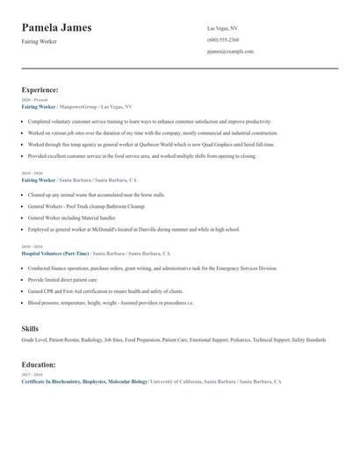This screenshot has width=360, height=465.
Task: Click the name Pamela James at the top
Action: [56, 27]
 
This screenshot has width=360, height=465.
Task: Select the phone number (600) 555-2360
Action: [223, 39]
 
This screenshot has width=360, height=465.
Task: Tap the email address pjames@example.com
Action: [230, 51]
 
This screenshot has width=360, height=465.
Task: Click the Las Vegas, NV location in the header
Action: [222, 28]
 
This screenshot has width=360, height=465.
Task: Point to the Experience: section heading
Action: [40, 89]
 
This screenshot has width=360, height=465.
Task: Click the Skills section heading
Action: [30, 328]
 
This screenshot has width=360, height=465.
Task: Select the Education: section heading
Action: [39, 364]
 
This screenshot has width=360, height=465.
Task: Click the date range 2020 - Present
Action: [35, 100]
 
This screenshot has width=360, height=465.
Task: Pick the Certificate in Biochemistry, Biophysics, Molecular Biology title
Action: [84, 382]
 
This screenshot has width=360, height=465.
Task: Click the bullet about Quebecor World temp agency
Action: [151, 144]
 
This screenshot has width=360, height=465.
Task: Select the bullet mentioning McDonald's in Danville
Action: [133, 229]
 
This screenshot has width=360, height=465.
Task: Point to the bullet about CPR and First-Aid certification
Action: [105, 290]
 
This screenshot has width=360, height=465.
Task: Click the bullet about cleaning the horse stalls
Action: [97, 195]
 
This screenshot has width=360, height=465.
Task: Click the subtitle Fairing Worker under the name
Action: [39, 41]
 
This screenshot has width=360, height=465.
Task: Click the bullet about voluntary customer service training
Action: [149, 121]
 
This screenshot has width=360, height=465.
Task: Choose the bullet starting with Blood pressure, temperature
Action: [111, 302]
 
